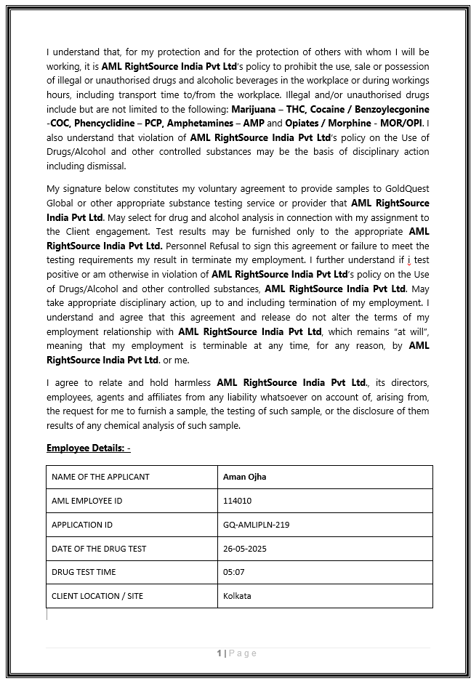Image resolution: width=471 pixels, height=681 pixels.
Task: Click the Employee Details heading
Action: click(88, 448)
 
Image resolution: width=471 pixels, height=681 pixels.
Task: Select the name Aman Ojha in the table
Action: click(243, 477)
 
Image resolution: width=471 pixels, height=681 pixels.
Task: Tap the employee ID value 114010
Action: click(238, 501)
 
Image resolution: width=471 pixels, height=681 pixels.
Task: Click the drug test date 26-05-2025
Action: click(245, 549)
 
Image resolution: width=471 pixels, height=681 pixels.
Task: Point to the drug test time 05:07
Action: click(234, 572)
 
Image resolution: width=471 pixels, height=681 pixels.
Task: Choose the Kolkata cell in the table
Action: click(237, 596)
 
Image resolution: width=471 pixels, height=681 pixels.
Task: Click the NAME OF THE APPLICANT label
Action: click(100, 477)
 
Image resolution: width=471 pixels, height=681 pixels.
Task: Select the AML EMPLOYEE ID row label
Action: click(86, 501)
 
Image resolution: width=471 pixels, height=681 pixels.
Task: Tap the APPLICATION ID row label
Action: click(82, 525)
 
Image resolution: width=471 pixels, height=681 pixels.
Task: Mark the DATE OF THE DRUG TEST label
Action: click(98, 549)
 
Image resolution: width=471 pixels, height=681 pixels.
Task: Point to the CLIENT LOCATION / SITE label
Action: click(97, 596)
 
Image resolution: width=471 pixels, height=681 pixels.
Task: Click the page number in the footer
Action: click(220, 653)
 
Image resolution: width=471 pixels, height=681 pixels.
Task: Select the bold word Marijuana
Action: click(254, 110)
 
